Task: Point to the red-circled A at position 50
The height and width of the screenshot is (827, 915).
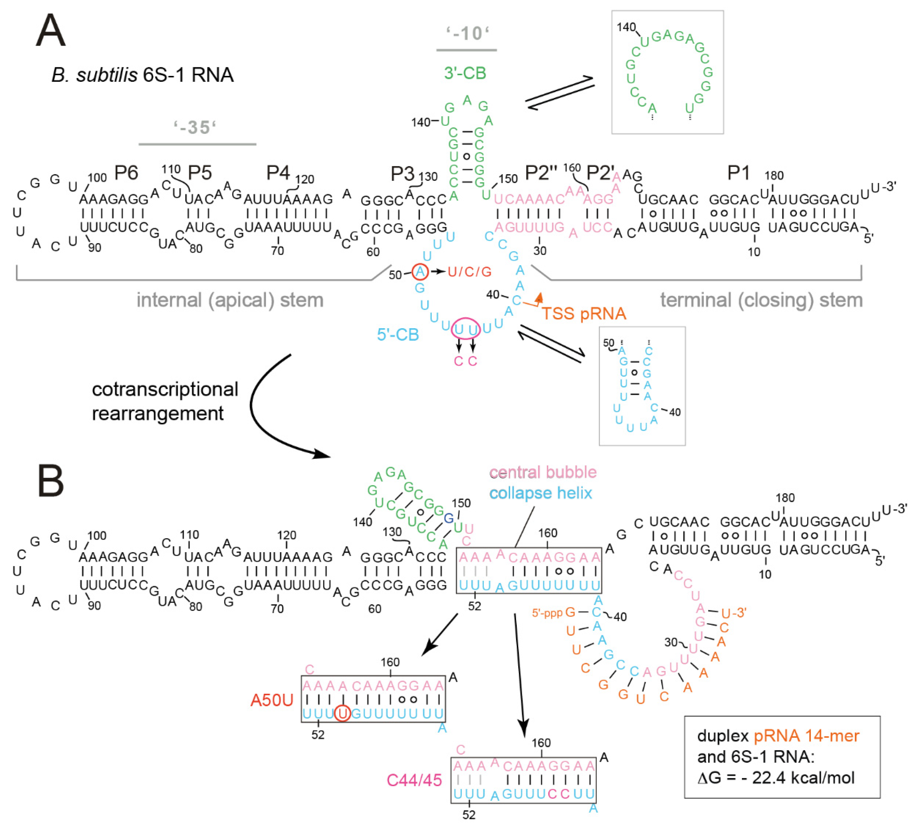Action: click(x=420, y=272)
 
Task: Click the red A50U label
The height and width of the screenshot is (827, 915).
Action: click(x=272, y=700)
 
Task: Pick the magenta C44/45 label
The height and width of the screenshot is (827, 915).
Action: click(x=414, y=780)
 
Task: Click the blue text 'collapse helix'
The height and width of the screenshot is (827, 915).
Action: click(x=540, y=493)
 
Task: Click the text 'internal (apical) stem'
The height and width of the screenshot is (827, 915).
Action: click(x=230, y=300)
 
